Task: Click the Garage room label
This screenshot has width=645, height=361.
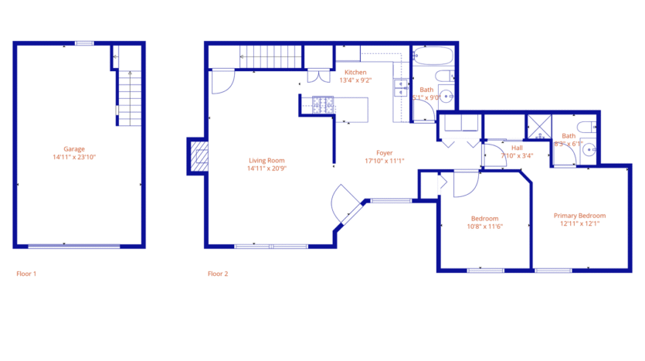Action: [x=74, y=149]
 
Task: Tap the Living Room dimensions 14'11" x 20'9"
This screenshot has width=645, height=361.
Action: [x=266, y=168]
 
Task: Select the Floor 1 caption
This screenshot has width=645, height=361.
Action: [x=26, y=274]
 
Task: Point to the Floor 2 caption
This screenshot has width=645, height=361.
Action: [x=218, y=274]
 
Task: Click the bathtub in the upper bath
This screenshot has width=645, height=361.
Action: [x=432, y=56]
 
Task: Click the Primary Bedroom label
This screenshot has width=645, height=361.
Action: [x=579, y=216]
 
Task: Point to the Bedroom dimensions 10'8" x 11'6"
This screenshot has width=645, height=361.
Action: [x=484, y=226]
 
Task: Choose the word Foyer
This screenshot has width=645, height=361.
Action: [x=384, y=153]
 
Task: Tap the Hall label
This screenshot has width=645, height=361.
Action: [x=517, y=147]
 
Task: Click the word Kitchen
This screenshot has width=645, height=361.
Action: [x=355, y=72]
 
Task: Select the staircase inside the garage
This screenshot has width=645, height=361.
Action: [x=131, y=97]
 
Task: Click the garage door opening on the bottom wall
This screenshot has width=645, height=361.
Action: [x=74, y=247]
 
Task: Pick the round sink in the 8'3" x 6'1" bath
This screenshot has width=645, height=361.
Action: [x=589, y=150]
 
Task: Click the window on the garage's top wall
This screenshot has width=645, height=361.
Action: [x=84, y=43]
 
